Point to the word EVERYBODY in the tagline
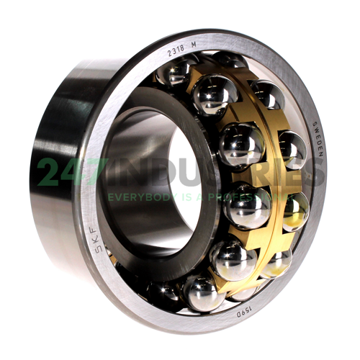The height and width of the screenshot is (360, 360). (140, 196)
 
